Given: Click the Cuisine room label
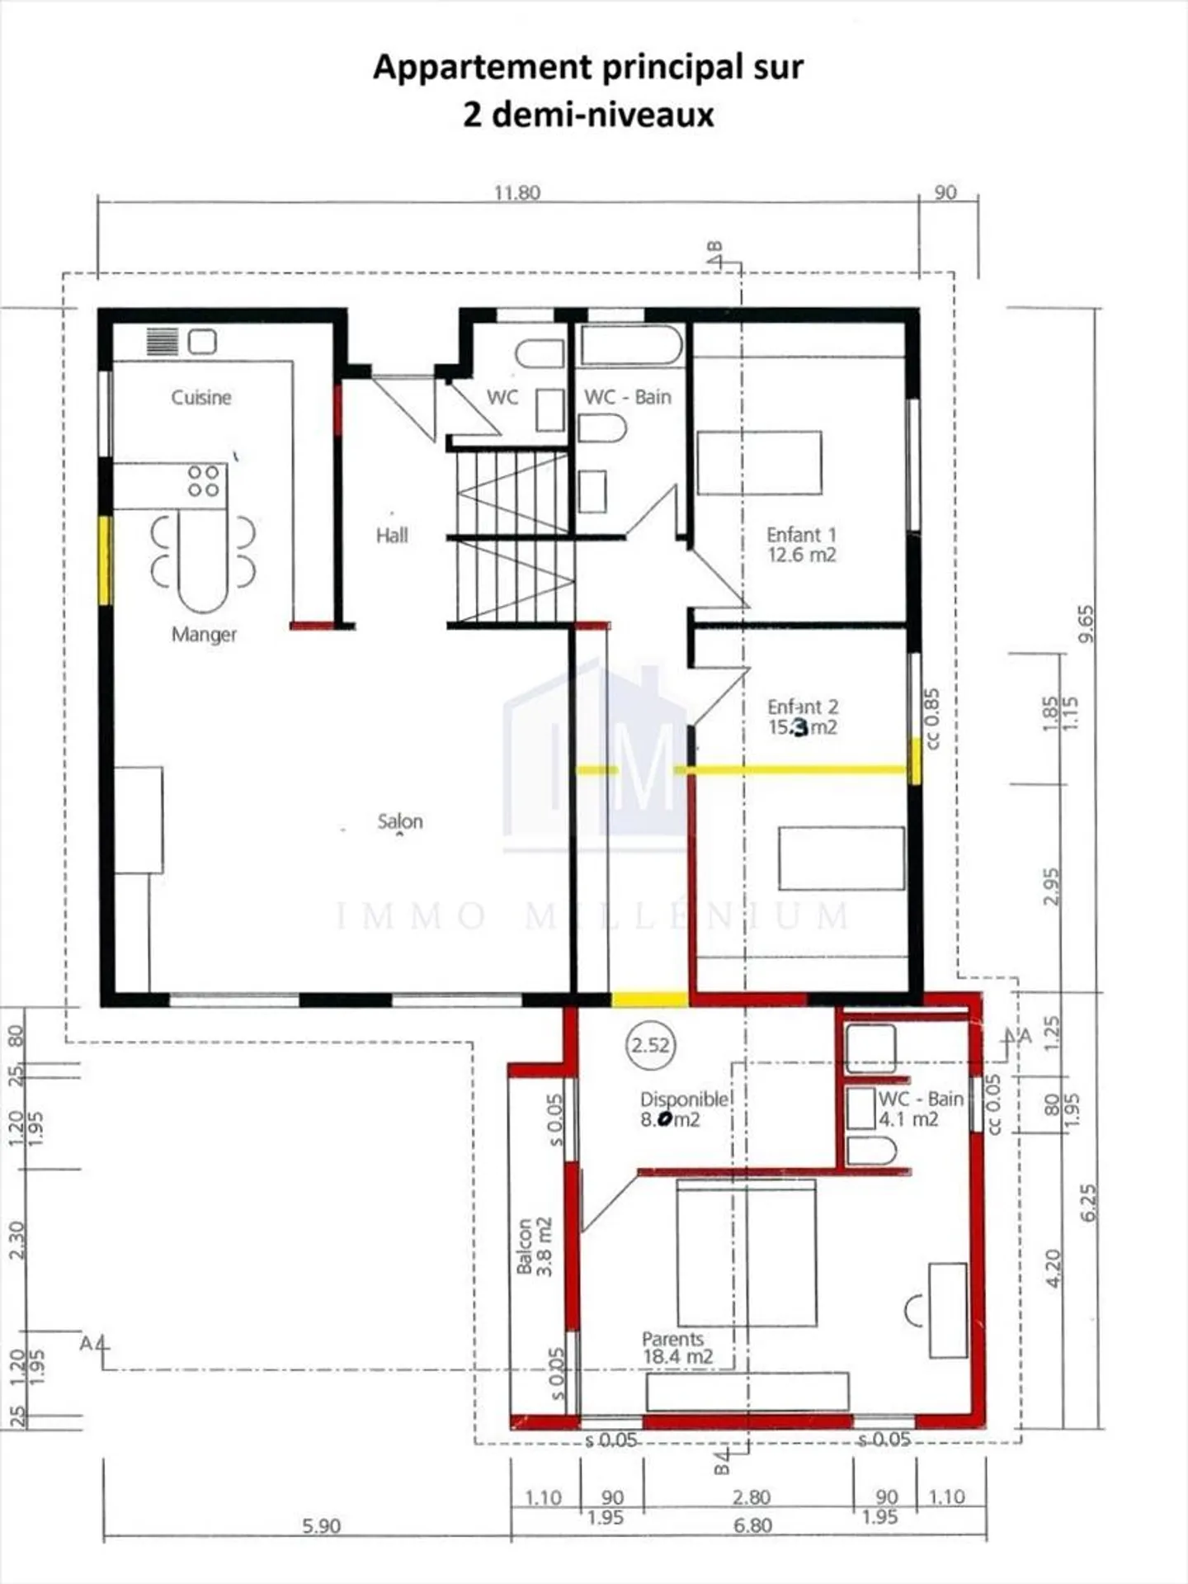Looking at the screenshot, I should (x=200, y=397).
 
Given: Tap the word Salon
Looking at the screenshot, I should (x=400, y=821).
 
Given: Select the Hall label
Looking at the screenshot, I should (x=392, y=536).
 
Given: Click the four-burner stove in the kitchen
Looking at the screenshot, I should (x=203, y=481).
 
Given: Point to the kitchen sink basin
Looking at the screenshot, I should (x=202, y=341).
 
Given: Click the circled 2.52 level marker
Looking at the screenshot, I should (x=650, y=1045).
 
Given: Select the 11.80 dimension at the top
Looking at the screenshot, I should (x=517, y=192).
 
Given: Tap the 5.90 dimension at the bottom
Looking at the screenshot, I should (x=321, y=1525).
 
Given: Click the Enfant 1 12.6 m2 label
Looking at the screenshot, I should (x=801, y=545).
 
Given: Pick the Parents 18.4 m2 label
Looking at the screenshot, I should (x=676, y=1347).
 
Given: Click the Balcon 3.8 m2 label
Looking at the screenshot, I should (x=534, y=1246).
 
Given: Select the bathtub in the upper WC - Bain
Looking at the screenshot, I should (x=631, y=346).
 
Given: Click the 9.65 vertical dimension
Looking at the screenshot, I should (x=1087, y=623).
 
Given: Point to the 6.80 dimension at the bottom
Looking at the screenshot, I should (x=752, y=1525).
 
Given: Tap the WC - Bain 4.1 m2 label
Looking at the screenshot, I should (x=919, y=1109).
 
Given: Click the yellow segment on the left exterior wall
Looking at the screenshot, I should (x=105, y=559).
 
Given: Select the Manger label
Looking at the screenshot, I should (x=204, y=634).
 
